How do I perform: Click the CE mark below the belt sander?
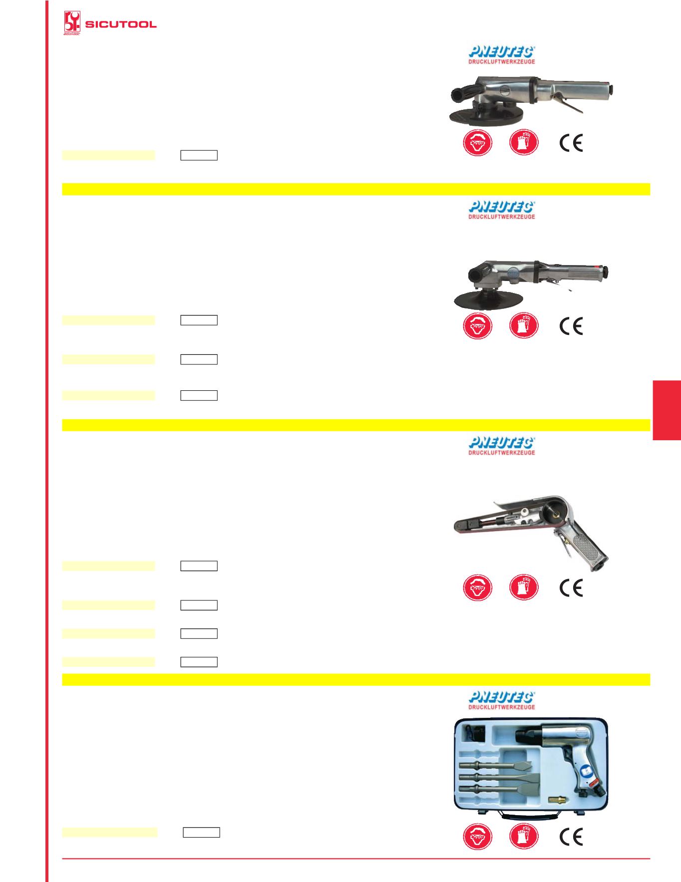pos(571,588)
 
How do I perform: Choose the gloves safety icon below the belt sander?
pos(524,588)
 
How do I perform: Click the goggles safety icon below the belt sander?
pos(477,588)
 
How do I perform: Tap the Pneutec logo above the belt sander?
pos(502,446)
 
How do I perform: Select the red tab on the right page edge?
pos(667,410)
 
